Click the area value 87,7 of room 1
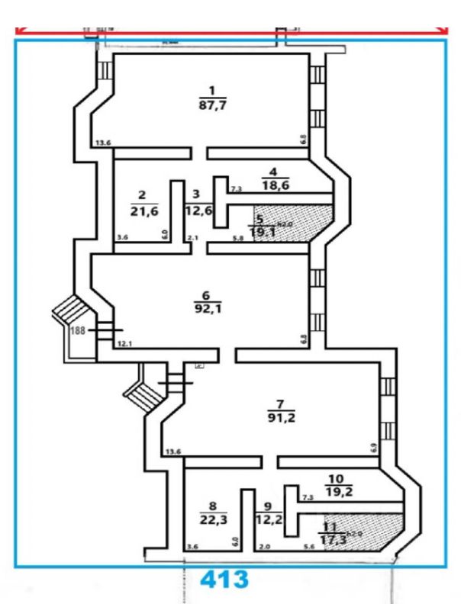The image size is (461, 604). click(x=202, y=106)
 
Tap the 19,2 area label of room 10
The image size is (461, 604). click(x=337, y=492)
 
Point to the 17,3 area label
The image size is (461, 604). click(x=330, y=541)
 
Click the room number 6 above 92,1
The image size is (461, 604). click(x=203, y=295)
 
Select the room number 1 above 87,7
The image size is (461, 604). click(x=202, y=93)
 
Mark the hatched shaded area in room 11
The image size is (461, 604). click(x=374, y=529)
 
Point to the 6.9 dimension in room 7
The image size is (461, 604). click(x=373, y=448)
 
